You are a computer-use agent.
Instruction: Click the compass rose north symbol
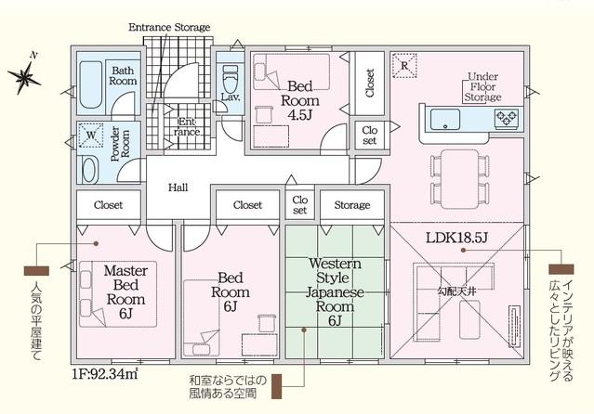[24, 77]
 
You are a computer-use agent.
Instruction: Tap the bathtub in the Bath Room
[91, 84]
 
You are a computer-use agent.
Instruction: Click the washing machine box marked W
[90, 136]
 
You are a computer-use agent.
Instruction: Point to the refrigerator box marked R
[404, 66]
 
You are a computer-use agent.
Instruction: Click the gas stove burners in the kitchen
[507, 117]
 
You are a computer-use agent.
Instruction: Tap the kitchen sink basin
[445, 120]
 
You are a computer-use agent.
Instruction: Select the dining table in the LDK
[460, 178]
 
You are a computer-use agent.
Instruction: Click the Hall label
[178, 188]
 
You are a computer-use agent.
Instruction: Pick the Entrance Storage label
[169, 27]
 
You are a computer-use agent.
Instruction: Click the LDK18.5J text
[456, 238]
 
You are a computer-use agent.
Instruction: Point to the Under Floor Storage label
[483, 86]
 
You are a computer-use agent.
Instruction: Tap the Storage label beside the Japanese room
[352, 205]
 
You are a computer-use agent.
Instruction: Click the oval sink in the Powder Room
[89, 170]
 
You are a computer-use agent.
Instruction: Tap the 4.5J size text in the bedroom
[299, 115]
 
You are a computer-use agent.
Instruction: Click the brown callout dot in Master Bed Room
[97, 244]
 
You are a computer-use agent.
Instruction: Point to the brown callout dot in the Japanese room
[303, 330]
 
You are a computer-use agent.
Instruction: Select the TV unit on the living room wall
[513, 326]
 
